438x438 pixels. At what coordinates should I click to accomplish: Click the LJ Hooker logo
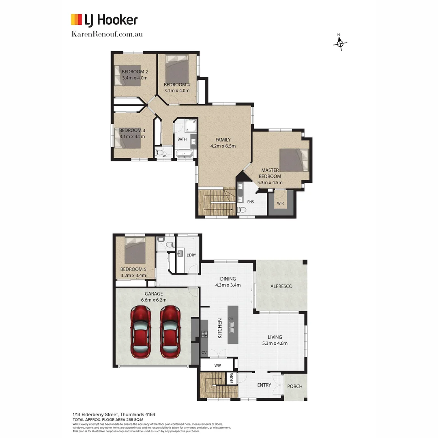(x=104, y=20)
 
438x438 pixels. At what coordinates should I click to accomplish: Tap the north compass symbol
(x=340, y=43)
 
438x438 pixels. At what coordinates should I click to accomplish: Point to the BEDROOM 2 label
(x=135, y=72)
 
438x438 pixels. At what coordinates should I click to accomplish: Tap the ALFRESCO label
(x=281, y=286)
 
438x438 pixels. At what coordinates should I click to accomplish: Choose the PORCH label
(x=295, y=386)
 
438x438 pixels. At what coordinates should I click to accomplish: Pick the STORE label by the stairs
(x=232, y=378)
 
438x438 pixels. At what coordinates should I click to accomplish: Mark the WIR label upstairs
(x=280, y=203)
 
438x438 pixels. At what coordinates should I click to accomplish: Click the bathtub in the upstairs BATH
(x=185, y=154)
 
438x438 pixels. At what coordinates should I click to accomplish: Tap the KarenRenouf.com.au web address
(x=107, y=34)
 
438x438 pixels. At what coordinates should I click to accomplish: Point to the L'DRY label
(x=191, y=255)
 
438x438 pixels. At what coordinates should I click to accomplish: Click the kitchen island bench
(x=233, y=324)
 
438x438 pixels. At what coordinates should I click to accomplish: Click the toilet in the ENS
(x=242, y=210)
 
